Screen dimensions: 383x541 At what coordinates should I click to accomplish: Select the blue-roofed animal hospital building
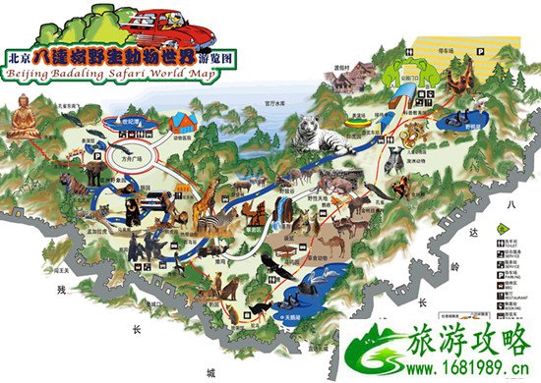pyautogui.click(x=182, y=122)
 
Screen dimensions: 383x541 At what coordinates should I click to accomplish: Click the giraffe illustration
pyautogui.click(x=212, y=211)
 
